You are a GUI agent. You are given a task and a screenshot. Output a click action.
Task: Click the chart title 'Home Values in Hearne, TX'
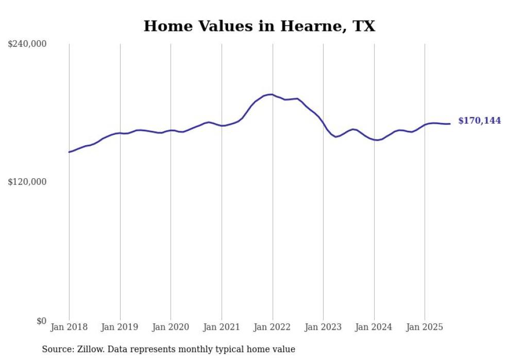click(x=259, y=26)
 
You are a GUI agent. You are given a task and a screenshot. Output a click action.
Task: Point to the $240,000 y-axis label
click(x=27, y=44)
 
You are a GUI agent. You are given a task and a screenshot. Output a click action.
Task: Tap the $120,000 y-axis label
click(x=27, y=182)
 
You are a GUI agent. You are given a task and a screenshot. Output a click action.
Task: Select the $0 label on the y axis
click(x=42, y=321)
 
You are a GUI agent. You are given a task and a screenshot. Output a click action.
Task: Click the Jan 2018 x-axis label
click(x=69, y=327)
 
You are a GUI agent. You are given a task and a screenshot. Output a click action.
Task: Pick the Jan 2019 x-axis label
click(x=120, y=327)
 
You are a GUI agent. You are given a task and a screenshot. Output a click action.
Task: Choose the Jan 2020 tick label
click(x=171, y=327)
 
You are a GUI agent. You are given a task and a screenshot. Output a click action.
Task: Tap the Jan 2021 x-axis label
click(x=222, y=327)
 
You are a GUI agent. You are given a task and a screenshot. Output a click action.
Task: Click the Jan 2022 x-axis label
click(x=272, y=327)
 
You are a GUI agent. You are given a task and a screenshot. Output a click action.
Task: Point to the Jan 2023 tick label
click(x=323, y=327)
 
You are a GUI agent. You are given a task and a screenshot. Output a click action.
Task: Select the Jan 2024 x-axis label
click(x=374, y=327)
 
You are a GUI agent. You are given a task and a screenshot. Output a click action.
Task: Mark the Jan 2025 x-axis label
click(x=425, y=327)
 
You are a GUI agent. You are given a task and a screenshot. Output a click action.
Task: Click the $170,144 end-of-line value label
click(x=479, y=121)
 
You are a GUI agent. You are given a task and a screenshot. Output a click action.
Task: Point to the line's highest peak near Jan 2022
click(x=271, y=94)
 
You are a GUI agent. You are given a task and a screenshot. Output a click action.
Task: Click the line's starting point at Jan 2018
click(x=69, y=152)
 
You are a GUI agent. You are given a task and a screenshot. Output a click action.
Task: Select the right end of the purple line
click(x=450, y=124)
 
